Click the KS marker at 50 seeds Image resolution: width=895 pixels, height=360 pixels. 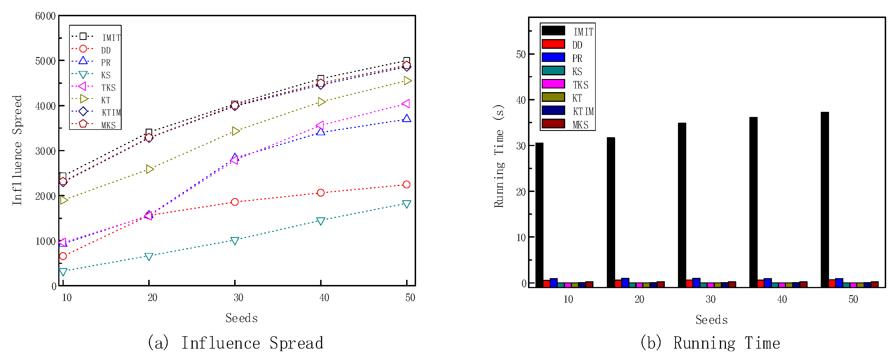[x=406, y=204]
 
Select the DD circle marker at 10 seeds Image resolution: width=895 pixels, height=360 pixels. [x=63, y=256]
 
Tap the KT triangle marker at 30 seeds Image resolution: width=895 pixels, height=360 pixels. [x=235, y=131]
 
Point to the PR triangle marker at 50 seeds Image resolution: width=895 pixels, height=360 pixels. [x=406, y=119]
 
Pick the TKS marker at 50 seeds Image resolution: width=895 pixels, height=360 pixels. [x=406, y=104]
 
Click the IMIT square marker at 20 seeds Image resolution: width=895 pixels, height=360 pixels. [x=149, y=132]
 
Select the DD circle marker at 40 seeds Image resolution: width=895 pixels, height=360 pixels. [x=321, y=193]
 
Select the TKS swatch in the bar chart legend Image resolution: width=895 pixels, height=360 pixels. [x=553, y=84]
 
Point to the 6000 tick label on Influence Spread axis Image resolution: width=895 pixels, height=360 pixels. [x=45, y=16]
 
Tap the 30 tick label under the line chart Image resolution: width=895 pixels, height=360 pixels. [x=238, y=298]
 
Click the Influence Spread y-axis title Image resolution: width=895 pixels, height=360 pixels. [x=17, y=150]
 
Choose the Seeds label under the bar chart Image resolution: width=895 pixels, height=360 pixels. [x=711, y=320]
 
